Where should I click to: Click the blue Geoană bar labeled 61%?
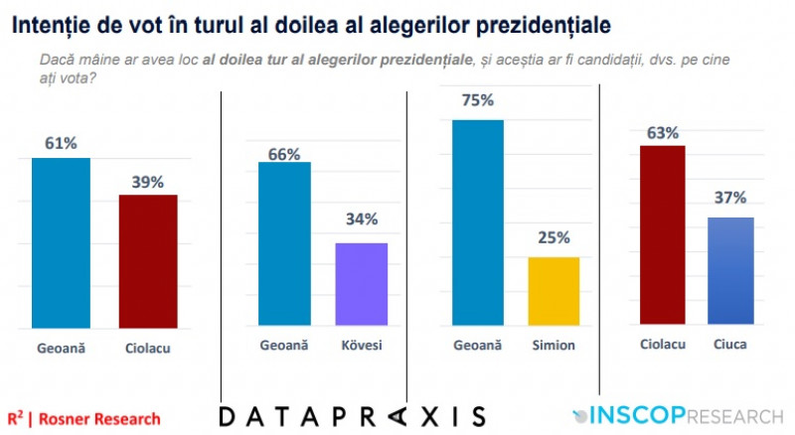coord(61,242)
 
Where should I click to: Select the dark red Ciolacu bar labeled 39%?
coord(147,261)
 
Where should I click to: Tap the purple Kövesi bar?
coord(361,284)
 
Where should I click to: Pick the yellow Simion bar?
coord(553,291)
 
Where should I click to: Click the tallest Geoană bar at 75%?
coord(477,222)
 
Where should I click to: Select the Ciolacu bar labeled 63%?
coord(662,234)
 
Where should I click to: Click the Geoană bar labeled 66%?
coord(284,243)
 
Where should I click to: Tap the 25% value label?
coord(554,238)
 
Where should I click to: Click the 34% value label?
coord(362,219)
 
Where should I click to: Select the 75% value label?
coord(477,100)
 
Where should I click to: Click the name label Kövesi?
coord(362,346)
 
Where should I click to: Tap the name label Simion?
coord(554,346)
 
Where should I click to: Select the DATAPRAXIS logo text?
coord(353,416)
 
